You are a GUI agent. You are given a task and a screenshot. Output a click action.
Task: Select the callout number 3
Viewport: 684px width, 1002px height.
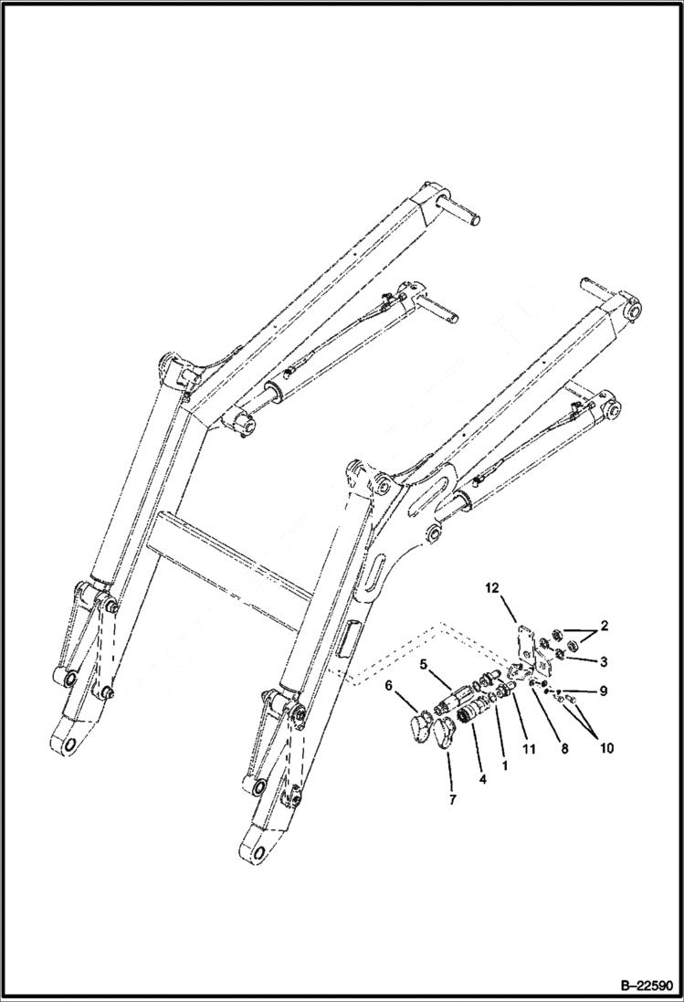coord(603,659)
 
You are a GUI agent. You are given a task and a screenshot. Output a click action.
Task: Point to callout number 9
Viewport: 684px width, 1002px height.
coord(604,691)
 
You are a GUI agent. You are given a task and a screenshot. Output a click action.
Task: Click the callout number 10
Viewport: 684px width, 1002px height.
coord(606,748)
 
